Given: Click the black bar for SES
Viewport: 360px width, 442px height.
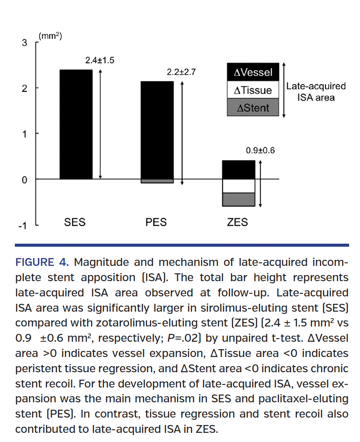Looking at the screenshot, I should pos(76,124).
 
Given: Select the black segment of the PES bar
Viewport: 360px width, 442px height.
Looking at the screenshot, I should pos(157,130).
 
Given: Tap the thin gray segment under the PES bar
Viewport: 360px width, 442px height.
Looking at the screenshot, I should pos(157,181).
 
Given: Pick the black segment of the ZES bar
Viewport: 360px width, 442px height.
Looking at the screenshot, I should pos(238,170).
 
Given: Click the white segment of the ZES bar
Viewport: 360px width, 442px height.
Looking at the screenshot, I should pos(238,186).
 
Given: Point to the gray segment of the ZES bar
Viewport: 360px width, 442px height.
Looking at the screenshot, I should pos(238,199).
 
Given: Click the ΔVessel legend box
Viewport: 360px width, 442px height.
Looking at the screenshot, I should pos(253,72).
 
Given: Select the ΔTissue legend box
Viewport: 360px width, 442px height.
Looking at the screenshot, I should pos(253,90).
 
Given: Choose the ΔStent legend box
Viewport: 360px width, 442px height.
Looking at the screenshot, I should pos(253,108).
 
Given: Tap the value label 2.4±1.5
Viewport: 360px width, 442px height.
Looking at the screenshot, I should pos(99,61).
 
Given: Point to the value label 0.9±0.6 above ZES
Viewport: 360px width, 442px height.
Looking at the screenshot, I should pos(260,151).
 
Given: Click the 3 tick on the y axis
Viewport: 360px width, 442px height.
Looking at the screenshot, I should pos(24,43).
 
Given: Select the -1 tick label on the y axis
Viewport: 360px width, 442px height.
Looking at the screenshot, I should pos(23,225).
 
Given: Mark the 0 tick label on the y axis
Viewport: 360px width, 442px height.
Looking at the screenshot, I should pos(24,180).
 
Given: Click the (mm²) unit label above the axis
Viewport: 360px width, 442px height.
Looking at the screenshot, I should pos(50,36).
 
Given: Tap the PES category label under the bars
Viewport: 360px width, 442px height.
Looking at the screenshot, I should pos(156,222).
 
